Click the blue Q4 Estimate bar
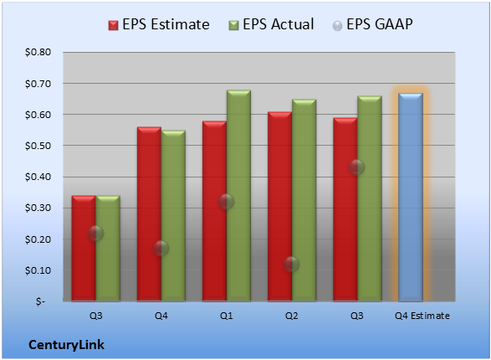pos(411,197)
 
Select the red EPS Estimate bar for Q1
pos(214,211)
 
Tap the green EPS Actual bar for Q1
pos(238,196)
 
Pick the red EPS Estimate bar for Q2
pos(279,207)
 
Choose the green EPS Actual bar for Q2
pos(304,200)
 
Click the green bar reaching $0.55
pos(173,216)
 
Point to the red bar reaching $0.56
pos(149,214)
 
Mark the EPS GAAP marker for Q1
pos(226,202)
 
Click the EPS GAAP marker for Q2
pos(292,264)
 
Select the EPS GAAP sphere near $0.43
pos(357,167)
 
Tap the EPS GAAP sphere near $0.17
pos(161,249)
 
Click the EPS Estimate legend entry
pos(159,24)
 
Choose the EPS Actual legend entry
pos(271,24)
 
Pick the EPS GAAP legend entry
pos(372,24)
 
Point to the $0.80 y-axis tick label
pos(38,52)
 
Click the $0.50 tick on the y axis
pos(38,146)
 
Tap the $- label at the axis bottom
pos(40,301)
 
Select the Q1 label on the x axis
pos(227,316)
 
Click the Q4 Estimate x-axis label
pos(422,316)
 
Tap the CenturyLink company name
pos(66,345)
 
